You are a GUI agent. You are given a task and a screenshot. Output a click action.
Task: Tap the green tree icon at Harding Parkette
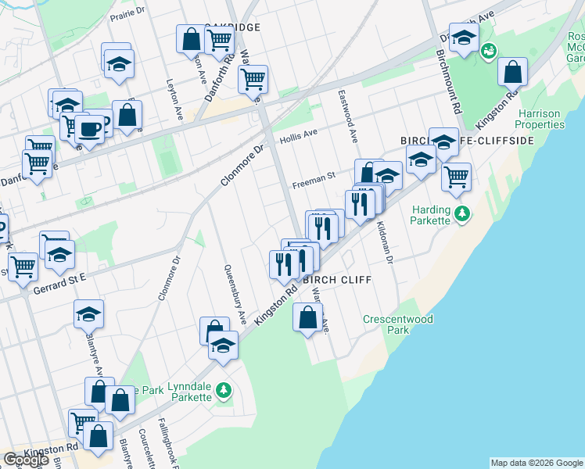pyautogui.click(x=462, y=213)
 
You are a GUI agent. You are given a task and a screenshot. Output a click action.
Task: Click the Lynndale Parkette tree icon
pyautogui.click(x=224, y=388)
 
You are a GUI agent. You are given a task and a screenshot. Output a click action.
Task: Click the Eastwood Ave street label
pyautogui.click(x=348, y=116)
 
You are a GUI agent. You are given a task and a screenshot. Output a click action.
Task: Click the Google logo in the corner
pyautogui.click(x=27, y=460)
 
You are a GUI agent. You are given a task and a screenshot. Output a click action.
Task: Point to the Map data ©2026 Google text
pyautogui.click(x=537, y=462)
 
